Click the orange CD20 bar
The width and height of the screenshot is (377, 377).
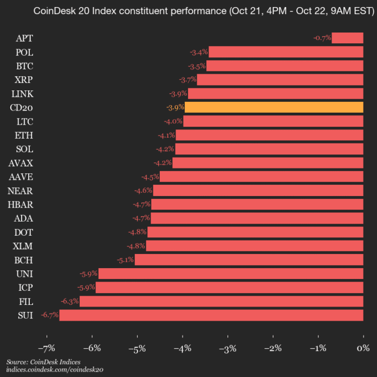(x=274, y=107)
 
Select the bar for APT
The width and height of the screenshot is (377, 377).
(x=347, y=38)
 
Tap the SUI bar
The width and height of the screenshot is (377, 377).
(x=211, y=315)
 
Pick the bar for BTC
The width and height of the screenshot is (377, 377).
(x=284, y=66)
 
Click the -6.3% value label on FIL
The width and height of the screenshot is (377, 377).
(x=69, y=301)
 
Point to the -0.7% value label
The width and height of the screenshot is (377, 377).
(x=322, y=38)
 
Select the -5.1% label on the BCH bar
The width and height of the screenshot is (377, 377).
(x=125, y=260)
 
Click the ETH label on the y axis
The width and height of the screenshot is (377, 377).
(x=24, y=135)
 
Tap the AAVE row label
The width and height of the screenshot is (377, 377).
(x=21, y=177)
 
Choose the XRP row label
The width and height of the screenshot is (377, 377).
(x=24, y=80)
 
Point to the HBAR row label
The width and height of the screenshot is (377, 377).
(x=21, y=204)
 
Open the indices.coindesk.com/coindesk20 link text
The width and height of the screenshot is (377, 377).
(x=54, y=369)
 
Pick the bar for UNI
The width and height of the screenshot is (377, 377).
(x=231, y=274)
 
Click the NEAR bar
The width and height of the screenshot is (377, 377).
(x=258, y=190)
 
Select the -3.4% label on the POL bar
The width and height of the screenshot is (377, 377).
(x=199, y=52)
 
